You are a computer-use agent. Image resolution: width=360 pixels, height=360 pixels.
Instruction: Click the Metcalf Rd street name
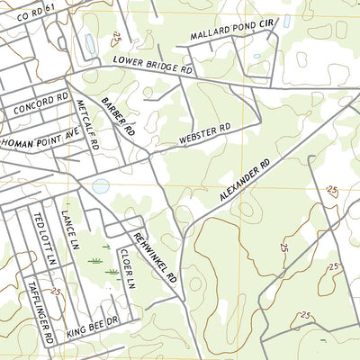tap(85, 126)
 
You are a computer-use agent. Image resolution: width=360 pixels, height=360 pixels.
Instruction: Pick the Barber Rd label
tap(118, 117)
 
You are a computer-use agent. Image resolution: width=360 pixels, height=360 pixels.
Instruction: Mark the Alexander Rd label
tap(244, 184)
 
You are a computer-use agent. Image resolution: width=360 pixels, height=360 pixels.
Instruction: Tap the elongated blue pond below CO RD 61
tap(90, 43)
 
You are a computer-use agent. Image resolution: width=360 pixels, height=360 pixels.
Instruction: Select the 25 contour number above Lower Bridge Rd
tap(117, 37)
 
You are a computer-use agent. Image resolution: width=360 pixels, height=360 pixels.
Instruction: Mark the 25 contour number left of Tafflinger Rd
tap(56, 292)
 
